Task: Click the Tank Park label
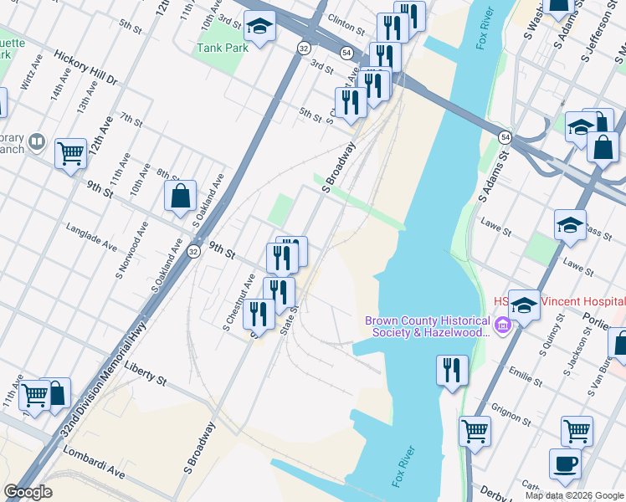(223, 48)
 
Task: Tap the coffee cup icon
(565, 463)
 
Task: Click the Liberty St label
(145, 373)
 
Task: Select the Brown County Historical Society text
(427, 326)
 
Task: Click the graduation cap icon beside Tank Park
(260, 27)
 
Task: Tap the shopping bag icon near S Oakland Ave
(181, 197)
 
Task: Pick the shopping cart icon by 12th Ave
(70, 154)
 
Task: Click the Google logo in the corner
(28, 492)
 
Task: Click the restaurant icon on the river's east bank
(452, 371)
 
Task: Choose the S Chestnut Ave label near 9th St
(239, 300)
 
